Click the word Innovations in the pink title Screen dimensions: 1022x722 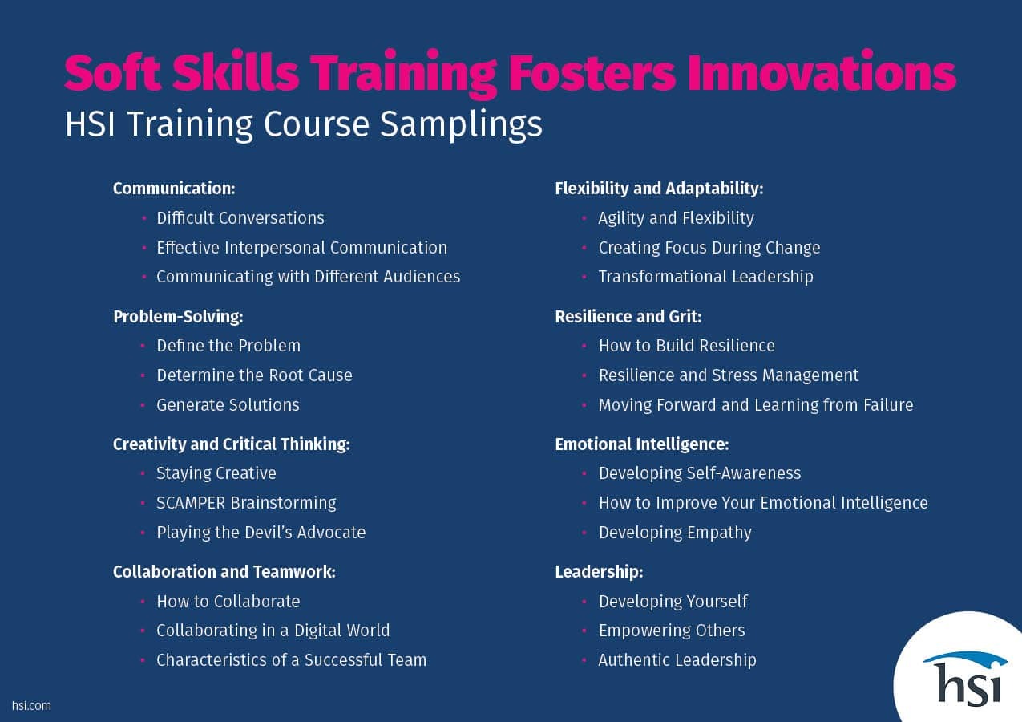(x=822, y=73)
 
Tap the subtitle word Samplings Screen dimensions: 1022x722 (x=461, y=124)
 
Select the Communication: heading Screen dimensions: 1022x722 (x=174, y=189)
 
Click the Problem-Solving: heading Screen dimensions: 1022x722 (x=178, y=316)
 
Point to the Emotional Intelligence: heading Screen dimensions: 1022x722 (x=642, y=444)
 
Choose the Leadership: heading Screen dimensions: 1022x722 (x=599, y=572)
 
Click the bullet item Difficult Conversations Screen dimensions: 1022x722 (x=240, y=218)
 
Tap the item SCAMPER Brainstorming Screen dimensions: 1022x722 (x=246, y=503)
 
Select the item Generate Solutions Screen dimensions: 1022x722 (x=228, y=404)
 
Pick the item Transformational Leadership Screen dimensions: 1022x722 (x=706, y=276)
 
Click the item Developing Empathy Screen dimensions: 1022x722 (x=675, y=533)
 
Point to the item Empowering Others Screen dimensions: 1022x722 (x=672, y=631)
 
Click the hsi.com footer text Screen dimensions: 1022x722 (x=31, y=706)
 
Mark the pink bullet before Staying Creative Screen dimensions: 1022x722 (x=143, y=473)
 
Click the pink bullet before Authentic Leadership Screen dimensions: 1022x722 (x=584, y=660)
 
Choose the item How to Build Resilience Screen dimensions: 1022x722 (x=687, y=346)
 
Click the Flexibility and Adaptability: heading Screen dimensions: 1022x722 (x=659, y=189)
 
